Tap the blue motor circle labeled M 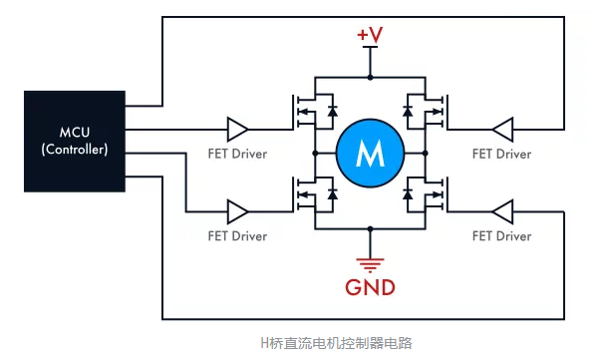[369, 154]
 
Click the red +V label [369, 37]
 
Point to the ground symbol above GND [370, 263]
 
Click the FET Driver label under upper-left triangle [237, 155]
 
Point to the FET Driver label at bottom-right [500, 236]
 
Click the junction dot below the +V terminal [370, 77]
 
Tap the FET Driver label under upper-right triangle [500, 155]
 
